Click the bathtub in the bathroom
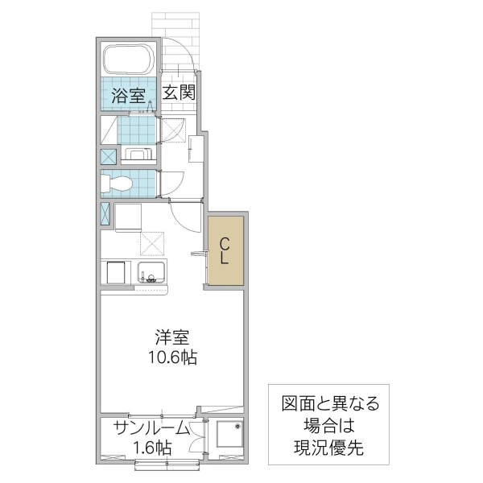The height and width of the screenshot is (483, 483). (x=130, y=59)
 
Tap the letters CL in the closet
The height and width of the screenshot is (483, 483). (x=225, y=250)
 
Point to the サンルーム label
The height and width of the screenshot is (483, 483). (x=151, y=427)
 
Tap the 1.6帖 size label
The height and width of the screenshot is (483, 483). (x=151, y=447)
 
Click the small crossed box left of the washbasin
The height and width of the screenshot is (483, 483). (x=108, y=155)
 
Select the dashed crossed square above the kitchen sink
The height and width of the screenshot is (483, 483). (x=152, y=242)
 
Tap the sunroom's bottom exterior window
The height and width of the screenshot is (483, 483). (x=167, y=464)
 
